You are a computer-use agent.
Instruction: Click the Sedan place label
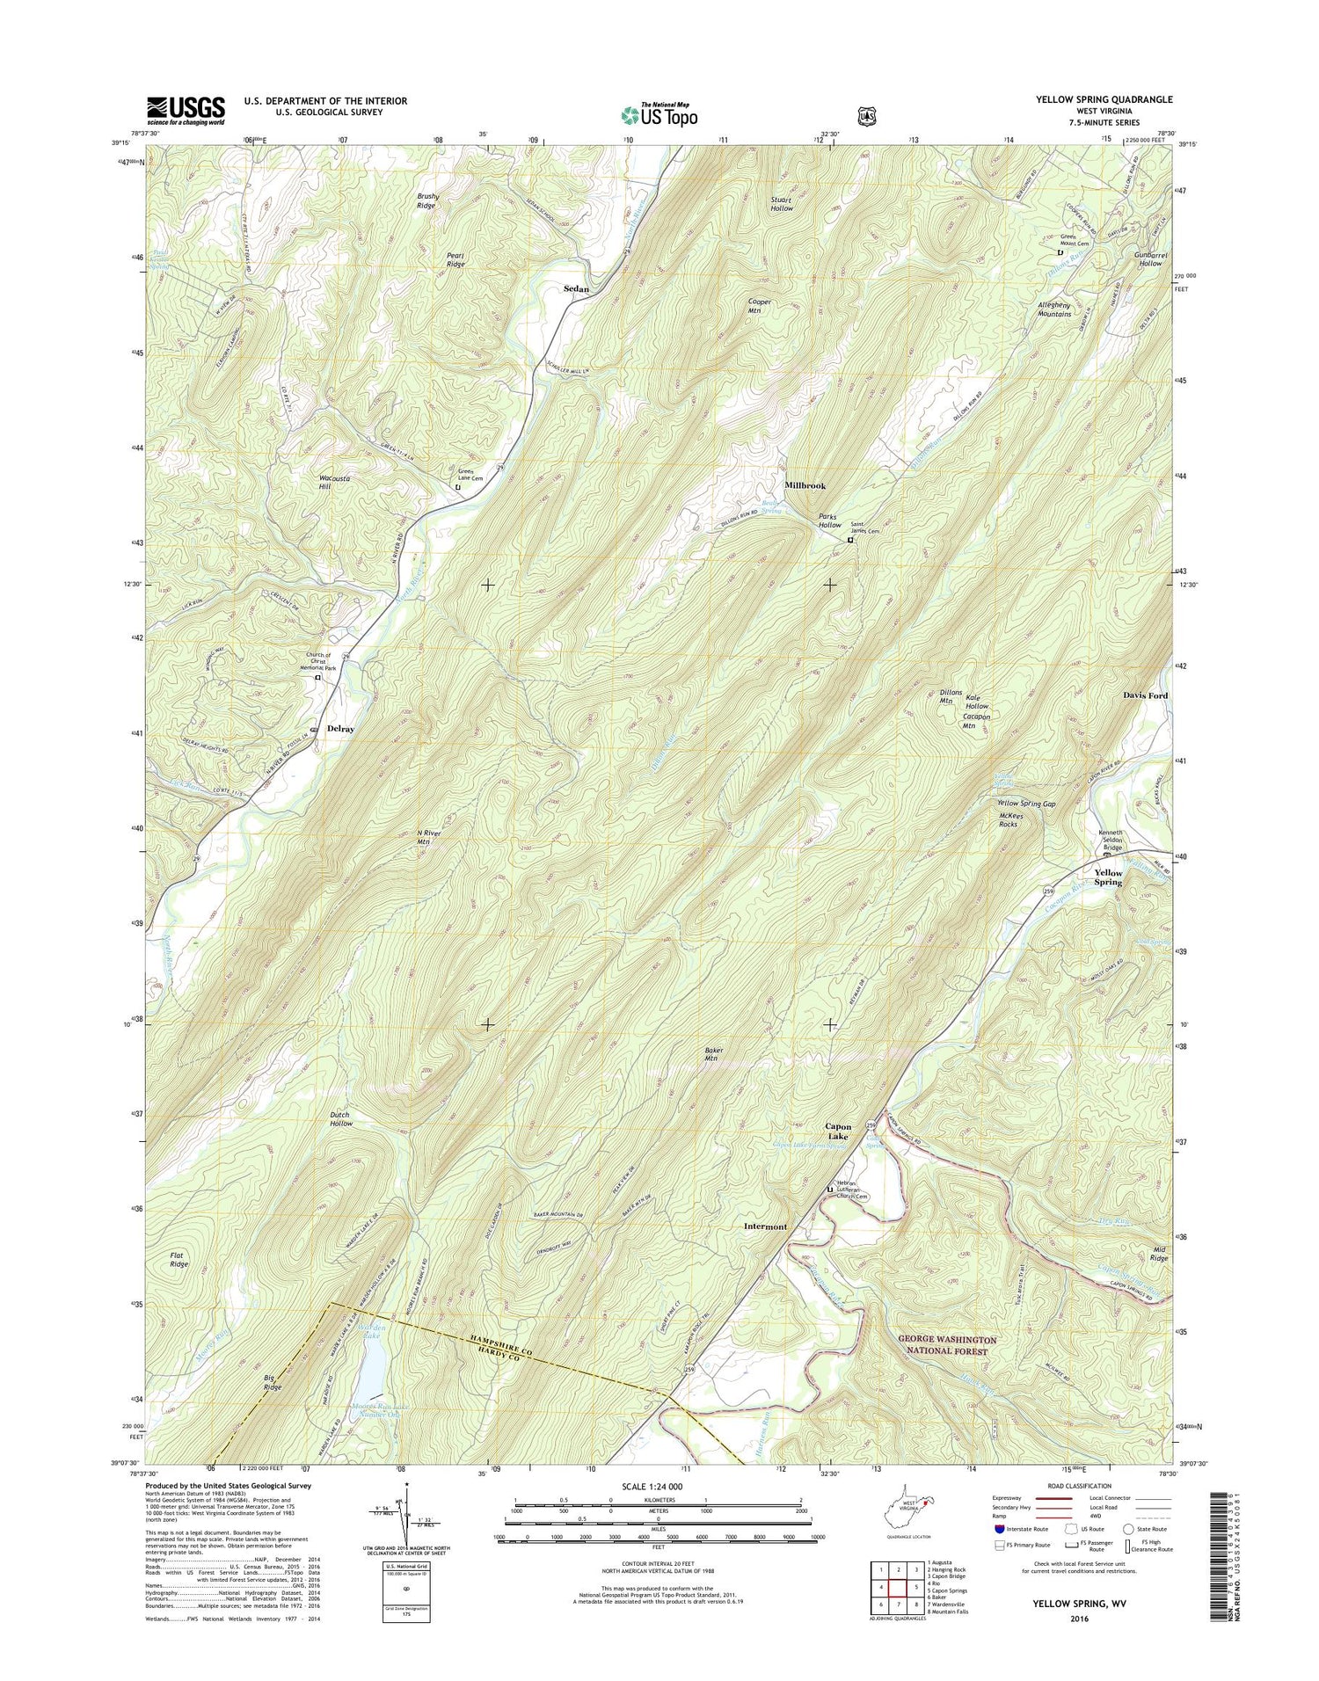click(x=576, y=288)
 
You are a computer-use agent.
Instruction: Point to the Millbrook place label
click(x=805, y=485)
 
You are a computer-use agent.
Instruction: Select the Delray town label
click(x=340, y=729)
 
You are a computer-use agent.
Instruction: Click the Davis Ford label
click(x=1145, y=695)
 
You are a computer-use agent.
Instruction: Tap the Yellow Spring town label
click(x=1108, y=877)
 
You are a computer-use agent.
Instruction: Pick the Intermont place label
click(x=765, y=1226)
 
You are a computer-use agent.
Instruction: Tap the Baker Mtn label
click(x=711, y=1054)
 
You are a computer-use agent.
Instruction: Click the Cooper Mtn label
click(x=759, y=306)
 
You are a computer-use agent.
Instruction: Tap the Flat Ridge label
click(x=179, y=1259)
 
